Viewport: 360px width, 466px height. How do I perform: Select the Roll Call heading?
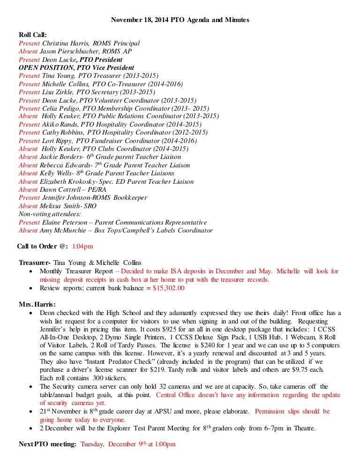33,35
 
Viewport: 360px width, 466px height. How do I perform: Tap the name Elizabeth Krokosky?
67,181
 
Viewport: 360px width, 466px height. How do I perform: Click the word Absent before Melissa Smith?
28,206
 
